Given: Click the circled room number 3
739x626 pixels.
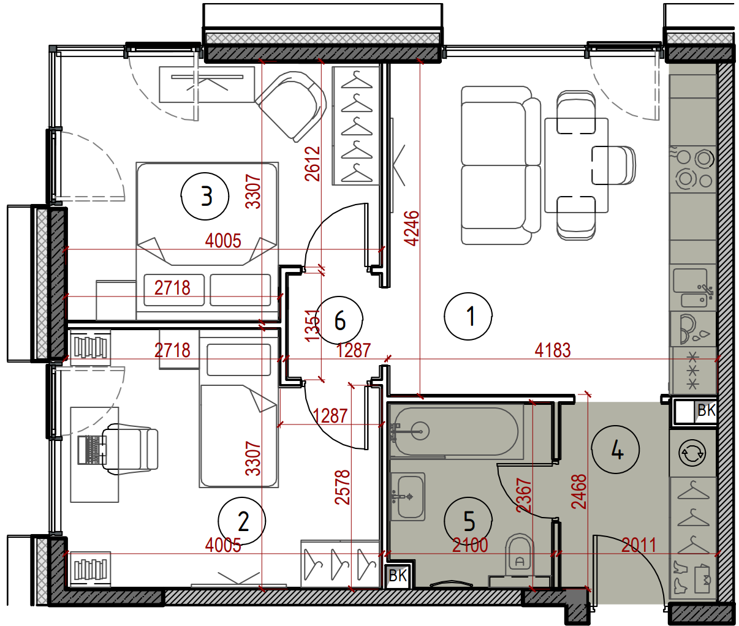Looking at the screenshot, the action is tap(205, 196).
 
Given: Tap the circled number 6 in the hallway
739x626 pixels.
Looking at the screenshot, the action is tap(339, 320).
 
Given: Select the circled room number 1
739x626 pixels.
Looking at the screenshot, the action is tap(468, 316).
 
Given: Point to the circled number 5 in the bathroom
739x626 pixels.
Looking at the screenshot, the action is tap(468, 521).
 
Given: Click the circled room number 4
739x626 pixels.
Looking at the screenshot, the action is tap(616, 450).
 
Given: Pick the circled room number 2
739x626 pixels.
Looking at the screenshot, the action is tap(242, 521).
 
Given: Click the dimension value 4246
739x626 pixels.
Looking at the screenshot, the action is tap(412, 228).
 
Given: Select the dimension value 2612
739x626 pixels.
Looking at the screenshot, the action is tap(313, 164).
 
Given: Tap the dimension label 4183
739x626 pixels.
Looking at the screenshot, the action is tap(553, 350).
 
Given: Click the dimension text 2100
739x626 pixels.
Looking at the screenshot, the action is tap(470, 545).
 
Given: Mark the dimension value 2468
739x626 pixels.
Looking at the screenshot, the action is tap(579, 491).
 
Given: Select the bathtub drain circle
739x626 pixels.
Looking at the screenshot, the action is tap(420, 432).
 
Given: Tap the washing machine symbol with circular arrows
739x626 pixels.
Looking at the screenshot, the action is tap(692, 453).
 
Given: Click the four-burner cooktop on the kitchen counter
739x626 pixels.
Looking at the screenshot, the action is tap(693, 169).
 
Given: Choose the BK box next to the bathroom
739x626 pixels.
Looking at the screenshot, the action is tap(398, 576).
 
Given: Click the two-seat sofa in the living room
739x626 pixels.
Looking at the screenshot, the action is tap(501, 165).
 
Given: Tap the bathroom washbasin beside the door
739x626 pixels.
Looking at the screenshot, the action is tap(408, 496).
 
